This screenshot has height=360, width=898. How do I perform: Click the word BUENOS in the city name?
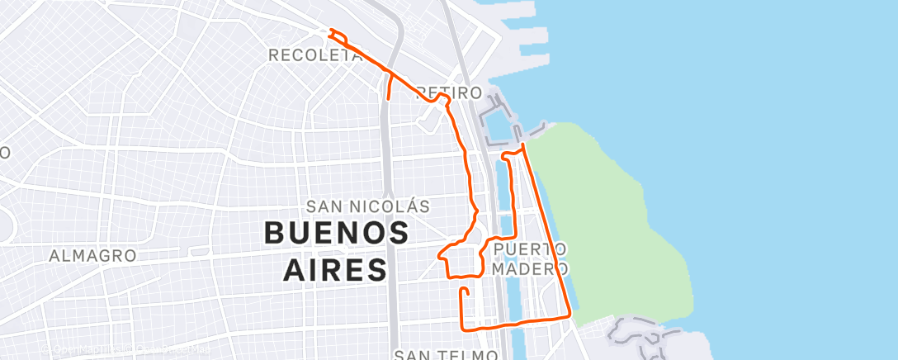[x=336, y=233]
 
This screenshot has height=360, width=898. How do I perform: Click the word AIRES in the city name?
[x=335, y=269]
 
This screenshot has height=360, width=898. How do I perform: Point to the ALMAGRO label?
[x=92, y=256]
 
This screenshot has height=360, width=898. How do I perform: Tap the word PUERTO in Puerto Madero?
[x=531, y=249]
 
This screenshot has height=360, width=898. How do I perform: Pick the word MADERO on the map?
[x=531, y=269]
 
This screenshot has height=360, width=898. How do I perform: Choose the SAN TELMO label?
[x=446, y=354]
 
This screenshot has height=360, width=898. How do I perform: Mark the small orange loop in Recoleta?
[x=335, y=34]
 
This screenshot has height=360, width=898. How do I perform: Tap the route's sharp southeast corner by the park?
[x=570, y=315]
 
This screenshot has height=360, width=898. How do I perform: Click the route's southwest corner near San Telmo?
[x=461, y=328]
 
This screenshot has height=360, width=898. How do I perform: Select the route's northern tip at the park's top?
[x=523, y=145]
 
